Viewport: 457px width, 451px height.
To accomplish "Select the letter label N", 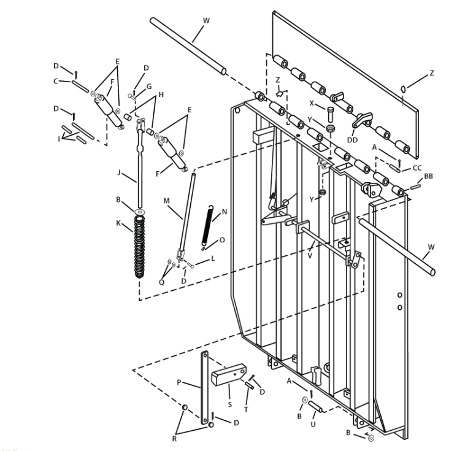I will [x=224, y=211].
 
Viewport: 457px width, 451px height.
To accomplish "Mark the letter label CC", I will [x=417, y=168].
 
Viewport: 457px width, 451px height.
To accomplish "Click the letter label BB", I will [x=429, y=176].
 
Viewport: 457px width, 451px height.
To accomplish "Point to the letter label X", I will [x=312, y=104].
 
